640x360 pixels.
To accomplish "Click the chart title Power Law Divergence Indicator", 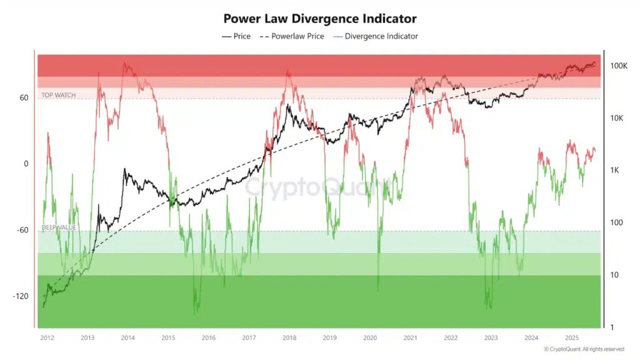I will click(319, 19).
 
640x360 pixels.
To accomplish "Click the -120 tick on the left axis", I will click(22, 296).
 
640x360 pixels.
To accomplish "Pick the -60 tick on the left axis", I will click(24, 230).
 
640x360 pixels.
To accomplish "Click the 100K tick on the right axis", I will click(619, 66).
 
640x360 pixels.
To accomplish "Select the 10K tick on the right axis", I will click(617, 118).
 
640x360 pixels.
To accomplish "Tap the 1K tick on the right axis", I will click(616, 171).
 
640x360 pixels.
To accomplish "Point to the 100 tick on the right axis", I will click(616, 223).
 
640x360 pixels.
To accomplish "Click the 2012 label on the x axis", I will click(47, 337).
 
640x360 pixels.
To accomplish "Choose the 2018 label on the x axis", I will click(289, 337).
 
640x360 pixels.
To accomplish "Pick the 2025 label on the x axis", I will click(571, 337).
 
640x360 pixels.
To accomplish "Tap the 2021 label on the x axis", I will click(410, 337).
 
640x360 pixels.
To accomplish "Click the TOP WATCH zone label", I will click(58, 95).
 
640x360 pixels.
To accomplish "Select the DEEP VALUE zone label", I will click(59, 227).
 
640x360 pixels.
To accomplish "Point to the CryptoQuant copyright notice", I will click(583, 349).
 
